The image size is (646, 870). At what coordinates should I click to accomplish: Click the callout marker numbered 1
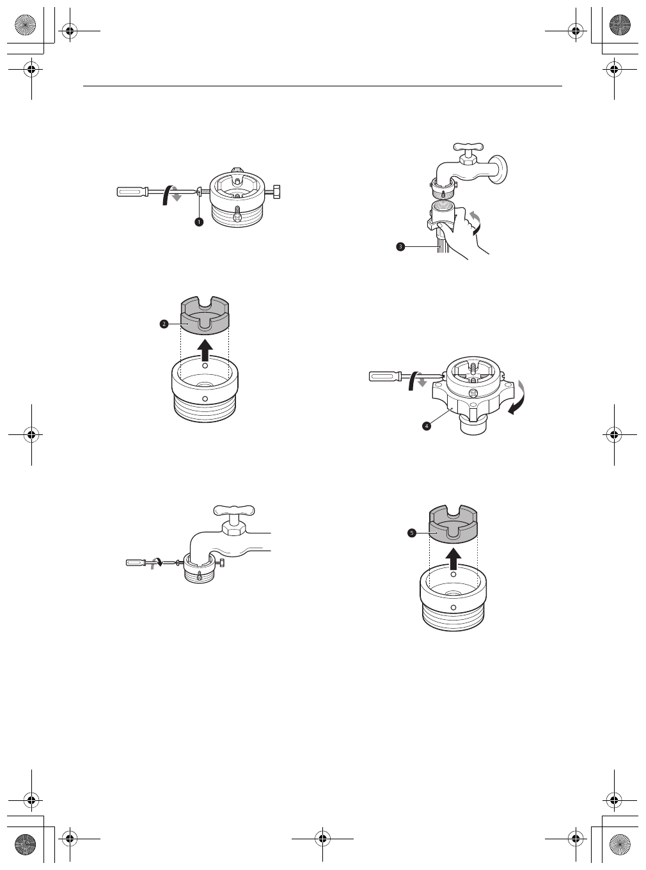coord(199,221)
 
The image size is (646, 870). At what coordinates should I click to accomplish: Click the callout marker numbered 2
coord(164,324)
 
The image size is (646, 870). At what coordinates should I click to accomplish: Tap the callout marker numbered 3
coord(400,246)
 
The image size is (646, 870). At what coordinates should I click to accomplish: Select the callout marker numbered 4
coord(425,427)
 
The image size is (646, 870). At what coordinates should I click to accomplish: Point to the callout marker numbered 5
coord(413,532)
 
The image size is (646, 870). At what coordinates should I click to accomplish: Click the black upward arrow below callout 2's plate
coord(205,351)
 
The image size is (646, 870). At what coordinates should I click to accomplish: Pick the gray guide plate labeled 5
coord(453,524)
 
